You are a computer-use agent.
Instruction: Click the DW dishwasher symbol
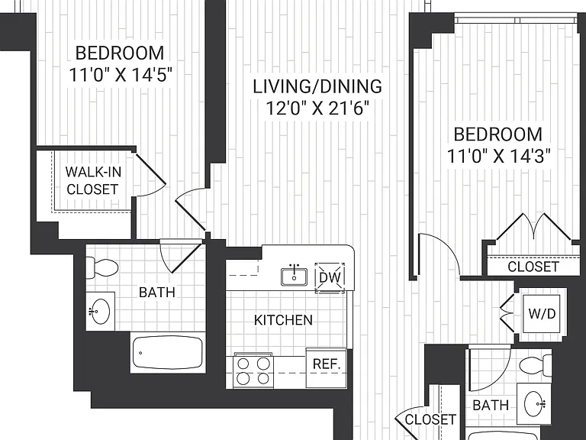point(330,278)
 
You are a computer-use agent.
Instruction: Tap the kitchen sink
point(294,277)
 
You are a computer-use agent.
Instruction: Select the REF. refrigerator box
point(327,367)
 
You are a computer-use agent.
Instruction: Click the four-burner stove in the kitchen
point(253,370)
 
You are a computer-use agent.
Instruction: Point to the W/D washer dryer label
point(542,313)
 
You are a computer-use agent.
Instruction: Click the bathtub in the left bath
point(168,352)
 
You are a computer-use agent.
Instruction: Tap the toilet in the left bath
point(102,268)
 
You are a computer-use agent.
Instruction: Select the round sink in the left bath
point(101,312)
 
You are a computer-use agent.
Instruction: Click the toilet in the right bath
point(536,367)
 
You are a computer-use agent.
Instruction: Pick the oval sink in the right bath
point(535,403)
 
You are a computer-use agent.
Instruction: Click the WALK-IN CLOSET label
point(93,181)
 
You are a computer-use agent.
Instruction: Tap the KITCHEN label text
point(283,320)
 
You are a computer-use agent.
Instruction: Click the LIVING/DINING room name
point(317,86)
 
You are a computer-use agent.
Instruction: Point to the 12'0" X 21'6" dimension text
point(317,109)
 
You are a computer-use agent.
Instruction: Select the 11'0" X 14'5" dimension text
point(121,75)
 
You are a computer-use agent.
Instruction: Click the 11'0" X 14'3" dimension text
point(499,156)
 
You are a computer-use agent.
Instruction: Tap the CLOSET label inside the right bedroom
point(533,267)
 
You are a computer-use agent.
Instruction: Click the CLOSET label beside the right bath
point(430,419)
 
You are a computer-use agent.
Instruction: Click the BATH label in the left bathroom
point(157,293)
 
